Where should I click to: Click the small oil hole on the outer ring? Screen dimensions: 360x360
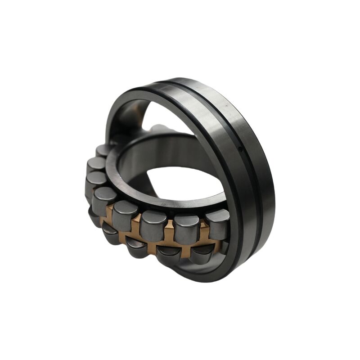click(240, 148)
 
